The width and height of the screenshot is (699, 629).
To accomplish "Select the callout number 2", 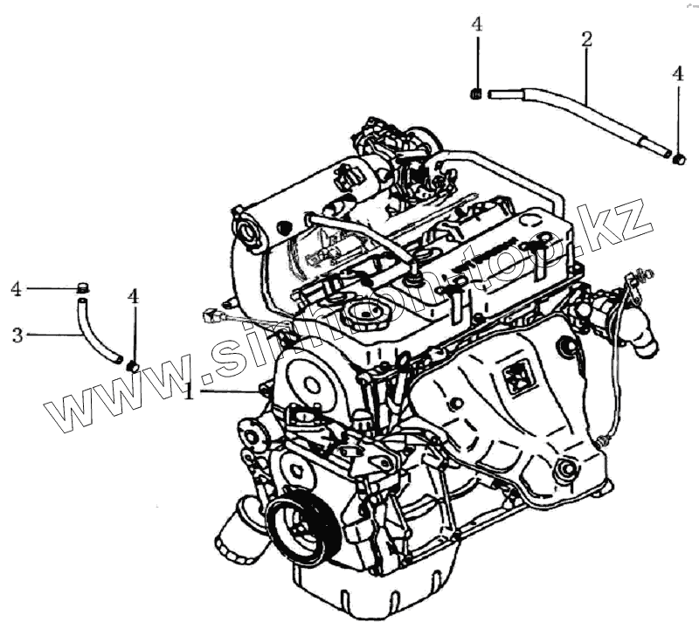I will tap(586, 38).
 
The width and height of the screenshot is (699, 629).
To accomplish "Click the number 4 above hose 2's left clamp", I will tap(476, 24).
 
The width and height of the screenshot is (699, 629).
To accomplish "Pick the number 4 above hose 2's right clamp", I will tap(678, 75).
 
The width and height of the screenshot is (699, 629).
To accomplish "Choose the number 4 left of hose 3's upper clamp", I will tap(16, 288).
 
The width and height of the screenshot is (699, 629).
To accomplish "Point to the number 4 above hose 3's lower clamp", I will tap(133, 297).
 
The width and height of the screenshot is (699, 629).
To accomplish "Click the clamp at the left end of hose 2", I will tap(477, 93).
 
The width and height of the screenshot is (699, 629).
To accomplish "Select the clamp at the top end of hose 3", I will tap(84, 287).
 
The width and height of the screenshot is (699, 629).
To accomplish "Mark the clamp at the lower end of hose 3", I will tap(131, 363).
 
